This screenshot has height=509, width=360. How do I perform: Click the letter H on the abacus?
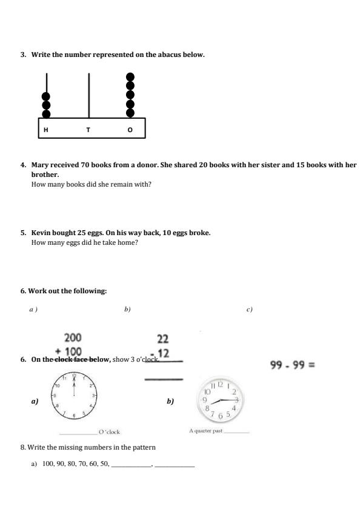point(46,130)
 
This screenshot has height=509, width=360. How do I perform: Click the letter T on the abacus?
point(88,130)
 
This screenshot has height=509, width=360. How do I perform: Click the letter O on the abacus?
point(129,130)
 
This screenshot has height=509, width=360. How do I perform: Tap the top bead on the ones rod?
point(129,78)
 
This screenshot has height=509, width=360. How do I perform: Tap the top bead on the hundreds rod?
point(46,96)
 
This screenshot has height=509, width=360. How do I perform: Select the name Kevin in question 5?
point(41,233)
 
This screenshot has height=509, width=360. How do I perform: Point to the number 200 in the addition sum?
point(73,338)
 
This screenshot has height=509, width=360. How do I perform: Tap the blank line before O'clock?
point(79,433)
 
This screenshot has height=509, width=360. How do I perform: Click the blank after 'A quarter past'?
point(236,432)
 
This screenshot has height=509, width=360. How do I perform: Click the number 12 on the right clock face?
point(221,385)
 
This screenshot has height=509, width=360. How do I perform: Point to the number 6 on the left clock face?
point(73,415)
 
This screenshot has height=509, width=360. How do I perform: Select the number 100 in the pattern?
point(48,464)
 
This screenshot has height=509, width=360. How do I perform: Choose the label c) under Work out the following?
point(249,310)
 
